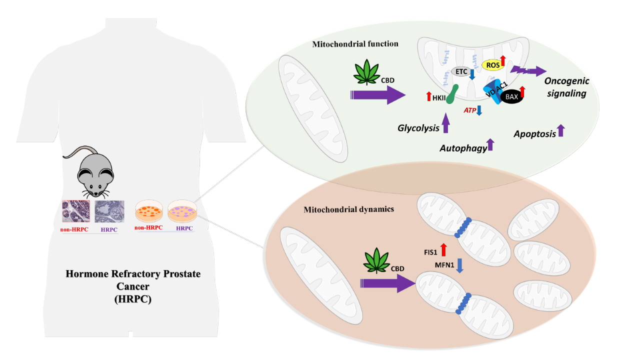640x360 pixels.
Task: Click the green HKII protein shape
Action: tap(453, 93)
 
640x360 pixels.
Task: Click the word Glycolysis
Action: tap(418, 128)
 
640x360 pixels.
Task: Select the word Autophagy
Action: tap(463, 148)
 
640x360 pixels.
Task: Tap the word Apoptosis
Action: tap(534, 134)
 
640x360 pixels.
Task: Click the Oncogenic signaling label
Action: tap(566, 86)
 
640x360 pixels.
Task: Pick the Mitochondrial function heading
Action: tap(355, 44)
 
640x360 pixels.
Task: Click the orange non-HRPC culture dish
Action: tap(149, 212)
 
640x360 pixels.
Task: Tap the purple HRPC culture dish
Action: tap(181, 212)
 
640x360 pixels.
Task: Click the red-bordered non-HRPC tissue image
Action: tap(75, 212)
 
